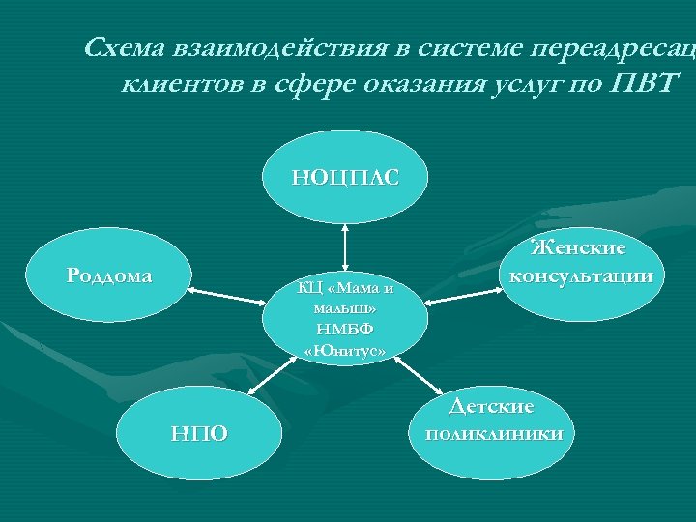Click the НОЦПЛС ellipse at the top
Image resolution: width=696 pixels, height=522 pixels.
[x=345, y=176]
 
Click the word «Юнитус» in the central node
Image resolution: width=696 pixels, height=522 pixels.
[x=345, y=350]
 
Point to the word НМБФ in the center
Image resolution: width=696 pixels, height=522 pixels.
[x=345, y=329]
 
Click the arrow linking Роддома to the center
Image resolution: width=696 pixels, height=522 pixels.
[x=225, y=293]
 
